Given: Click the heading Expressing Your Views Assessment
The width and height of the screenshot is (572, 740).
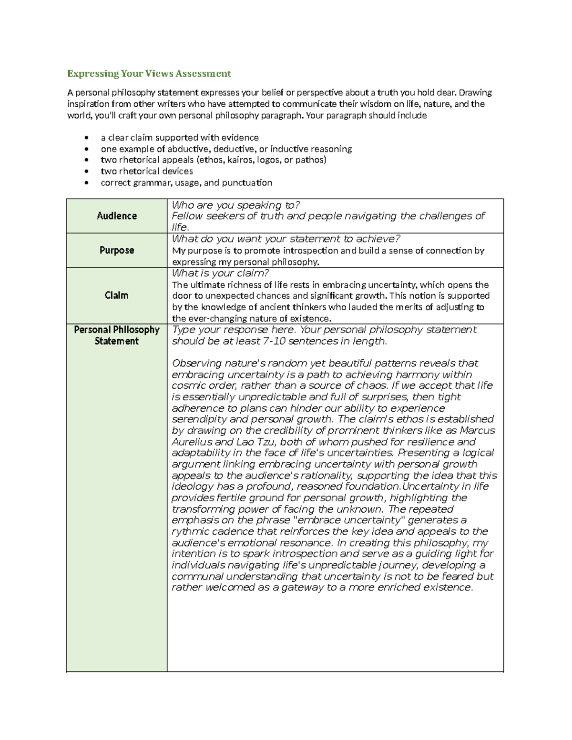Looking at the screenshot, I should click(x=149, y=73).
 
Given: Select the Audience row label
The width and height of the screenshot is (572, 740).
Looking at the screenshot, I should click(x=117, y=216).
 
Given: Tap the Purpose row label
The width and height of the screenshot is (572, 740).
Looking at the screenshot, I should click(x=117, y=250).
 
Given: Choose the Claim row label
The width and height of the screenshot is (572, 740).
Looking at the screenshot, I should click(x=117, y=295).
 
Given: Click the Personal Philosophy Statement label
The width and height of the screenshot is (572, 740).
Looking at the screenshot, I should click(x=117, y=335).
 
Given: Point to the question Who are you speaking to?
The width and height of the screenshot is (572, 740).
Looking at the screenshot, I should click(x=235, y=205).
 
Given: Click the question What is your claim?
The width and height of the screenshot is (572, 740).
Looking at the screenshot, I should click(x=220, y=273).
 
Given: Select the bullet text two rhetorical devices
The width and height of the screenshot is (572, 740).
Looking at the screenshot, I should click(x=147, y=171).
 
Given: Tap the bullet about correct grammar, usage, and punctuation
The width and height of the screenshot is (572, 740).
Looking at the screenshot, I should click(x=186, y=182).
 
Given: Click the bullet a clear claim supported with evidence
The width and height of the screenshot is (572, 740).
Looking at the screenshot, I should click(x=180, y=138).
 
